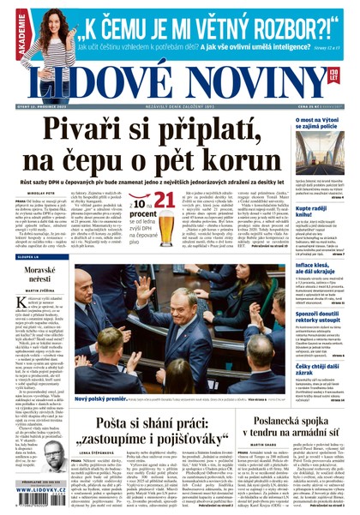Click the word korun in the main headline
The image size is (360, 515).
click(x=246, y=161)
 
